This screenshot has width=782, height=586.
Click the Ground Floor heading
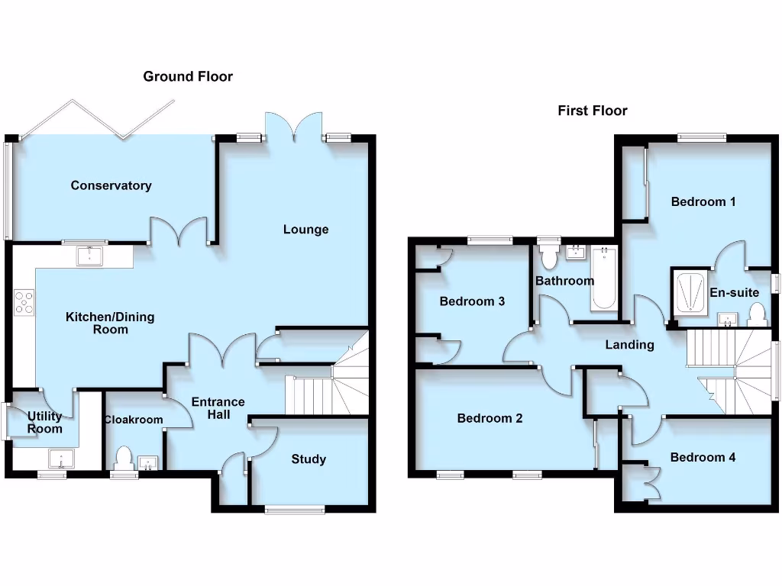point(188,76)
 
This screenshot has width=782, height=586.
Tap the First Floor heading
point(593,111)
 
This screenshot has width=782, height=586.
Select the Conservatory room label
point(111,185)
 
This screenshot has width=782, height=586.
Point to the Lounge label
point(305,230)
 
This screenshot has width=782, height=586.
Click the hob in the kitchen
point(24,302)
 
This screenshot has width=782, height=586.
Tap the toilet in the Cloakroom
point(123,459)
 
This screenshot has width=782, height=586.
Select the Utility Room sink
point(59,459)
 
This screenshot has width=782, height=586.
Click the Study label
point(309,459)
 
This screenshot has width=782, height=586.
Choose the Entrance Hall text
point(218,408)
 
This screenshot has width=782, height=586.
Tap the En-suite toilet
point(757,314)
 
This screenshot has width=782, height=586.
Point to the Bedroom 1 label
point(703,202)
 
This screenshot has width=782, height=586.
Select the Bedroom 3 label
point(472,301)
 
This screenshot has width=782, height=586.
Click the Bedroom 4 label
point(703,458)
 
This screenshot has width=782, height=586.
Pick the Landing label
point(629,345)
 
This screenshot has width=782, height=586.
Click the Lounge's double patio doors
point(294,127)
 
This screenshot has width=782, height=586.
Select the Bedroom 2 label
point(490,418)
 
